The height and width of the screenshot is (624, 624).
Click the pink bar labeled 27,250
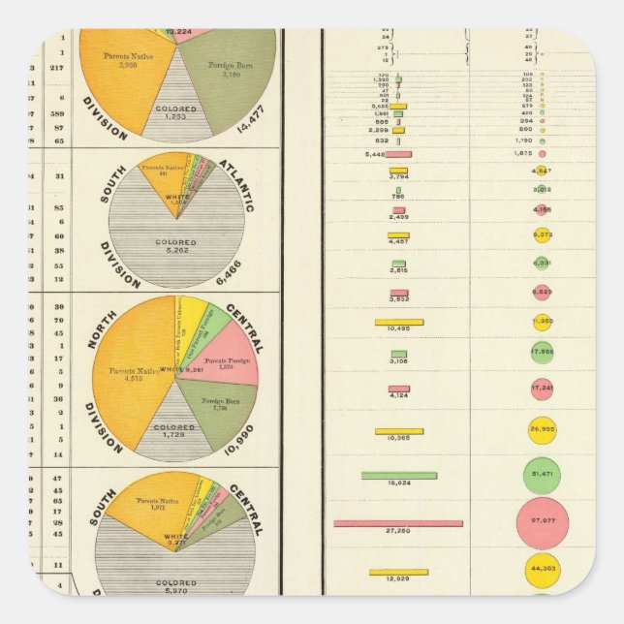tap(398, 523)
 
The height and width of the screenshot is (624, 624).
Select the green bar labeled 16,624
tap(399, 475)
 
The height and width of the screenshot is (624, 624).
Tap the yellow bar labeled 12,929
tap(398, 572)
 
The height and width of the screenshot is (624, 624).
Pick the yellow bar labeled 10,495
tap(399, 322)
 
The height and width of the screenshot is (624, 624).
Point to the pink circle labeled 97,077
tap(542, 523)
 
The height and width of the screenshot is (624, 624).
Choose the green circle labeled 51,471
tap(542, 475)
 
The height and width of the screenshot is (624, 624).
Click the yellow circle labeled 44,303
tap(542, 571)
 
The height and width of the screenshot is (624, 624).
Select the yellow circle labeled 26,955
tap(542, 427)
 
